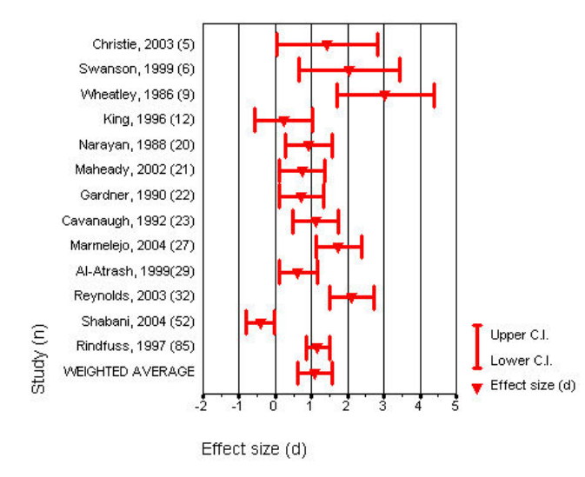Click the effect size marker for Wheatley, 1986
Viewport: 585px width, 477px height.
tap(384, 95)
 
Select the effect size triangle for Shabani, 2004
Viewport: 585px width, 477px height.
tap(260, 323)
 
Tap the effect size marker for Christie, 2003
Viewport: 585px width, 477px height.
tap(327, 44)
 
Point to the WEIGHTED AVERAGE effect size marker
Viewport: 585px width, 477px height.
tap(315, 374)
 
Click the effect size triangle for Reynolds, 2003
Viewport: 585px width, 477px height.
tap(351, 298)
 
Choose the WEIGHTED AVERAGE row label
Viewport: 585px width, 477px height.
tap(129, 372)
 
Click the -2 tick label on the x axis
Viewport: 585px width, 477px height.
tap(201, 407)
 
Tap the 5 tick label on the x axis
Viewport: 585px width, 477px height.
tap(456, 407)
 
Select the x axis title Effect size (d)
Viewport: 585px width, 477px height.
tap(254, 449)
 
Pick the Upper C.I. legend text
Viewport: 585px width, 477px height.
tap(520, 335)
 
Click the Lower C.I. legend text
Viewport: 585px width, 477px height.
tap(520, 360)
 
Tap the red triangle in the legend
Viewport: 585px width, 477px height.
tap(476, 387)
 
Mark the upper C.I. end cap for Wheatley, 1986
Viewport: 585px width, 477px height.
tap(434, 95)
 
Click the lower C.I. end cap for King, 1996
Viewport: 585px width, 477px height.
tap(255, 120)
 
